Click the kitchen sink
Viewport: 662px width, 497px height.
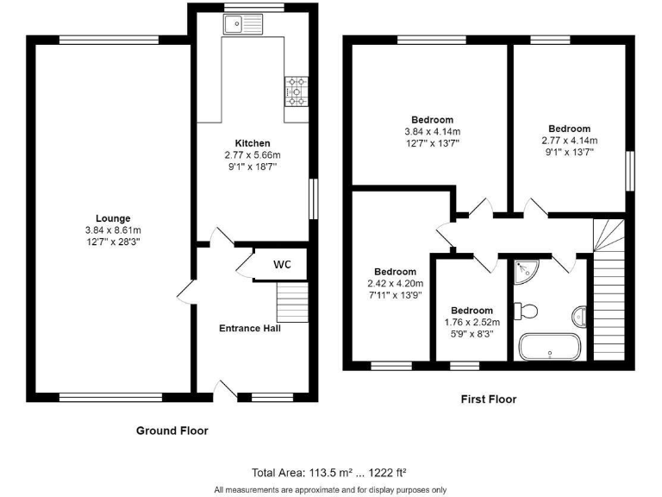click(x=242, y=25)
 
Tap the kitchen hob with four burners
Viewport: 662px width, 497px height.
click(x=296, y=91)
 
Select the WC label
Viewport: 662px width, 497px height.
click(x=283, y=264)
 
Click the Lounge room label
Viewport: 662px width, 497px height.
click(x=113, y=218)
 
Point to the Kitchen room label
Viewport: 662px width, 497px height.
click(x=253, y=143)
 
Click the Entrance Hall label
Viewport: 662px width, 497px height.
click(x=250, y=328)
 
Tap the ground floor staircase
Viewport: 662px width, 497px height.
click(x=291, y=303)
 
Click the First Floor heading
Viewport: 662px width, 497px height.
click(x=488, y=399)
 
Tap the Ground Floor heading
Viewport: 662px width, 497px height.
click(x=172, y=430)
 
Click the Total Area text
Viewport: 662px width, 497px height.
click(x=328, y=472)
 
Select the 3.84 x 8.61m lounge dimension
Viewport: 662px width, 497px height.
click(x=113, y=230)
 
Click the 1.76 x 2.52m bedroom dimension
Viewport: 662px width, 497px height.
click(x=472, y=323)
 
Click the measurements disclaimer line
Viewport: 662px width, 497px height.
click(x=330, y=489)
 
